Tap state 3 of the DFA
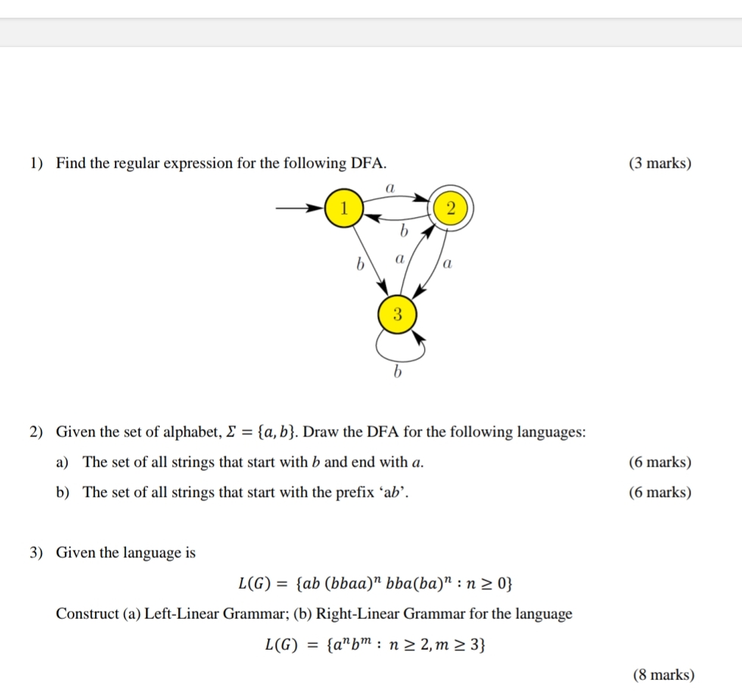[x=397, y=316]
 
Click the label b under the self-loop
[x=397, y=373]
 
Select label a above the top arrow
[x=391, y=188]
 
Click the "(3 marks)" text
[x=660, y=163]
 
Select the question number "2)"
[x=37, y=432]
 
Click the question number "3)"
[x=37, y=553]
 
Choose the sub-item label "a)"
[x=63, y=462]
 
